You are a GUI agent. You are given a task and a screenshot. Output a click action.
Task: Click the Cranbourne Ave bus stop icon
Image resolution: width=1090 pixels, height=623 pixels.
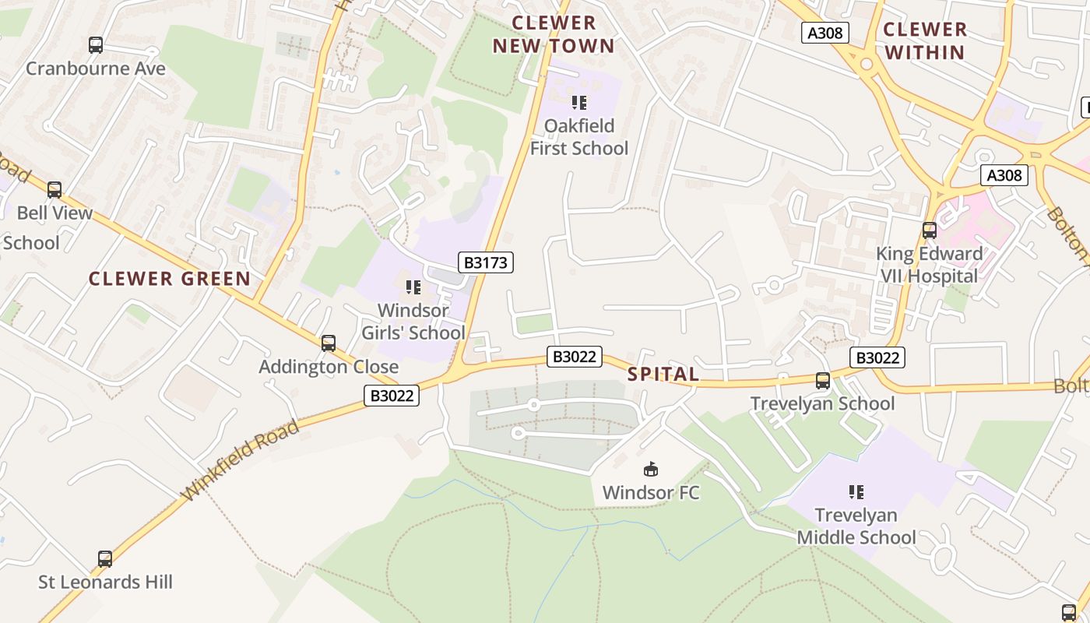click(96, 45)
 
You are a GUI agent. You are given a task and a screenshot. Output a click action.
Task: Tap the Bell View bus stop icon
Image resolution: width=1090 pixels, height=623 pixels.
click(54, 189)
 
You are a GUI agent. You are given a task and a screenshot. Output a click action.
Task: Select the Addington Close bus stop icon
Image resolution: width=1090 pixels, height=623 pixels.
click(329, 343)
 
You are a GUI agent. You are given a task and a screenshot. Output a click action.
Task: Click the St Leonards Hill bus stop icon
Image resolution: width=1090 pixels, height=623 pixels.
click(105, 558)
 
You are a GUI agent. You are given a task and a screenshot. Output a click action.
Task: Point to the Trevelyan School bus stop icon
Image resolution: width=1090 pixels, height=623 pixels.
click(823, 380)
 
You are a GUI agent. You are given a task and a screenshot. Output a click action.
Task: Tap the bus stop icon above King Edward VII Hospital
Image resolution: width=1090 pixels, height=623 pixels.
click(929, 230)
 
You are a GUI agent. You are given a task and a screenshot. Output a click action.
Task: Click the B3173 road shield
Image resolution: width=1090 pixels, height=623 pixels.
click(485, 262)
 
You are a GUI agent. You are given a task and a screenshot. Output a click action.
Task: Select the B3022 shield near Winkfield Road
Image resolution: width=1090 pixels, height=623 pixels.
click(392, 396)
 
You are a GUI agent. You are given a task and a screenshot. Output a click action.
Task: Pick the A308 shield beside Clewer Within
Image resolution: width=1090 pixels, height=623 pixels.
click(825, 33)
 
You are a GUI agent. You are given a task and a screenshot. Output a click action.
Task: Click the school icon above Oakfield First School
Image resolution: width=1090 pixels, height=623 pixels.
click(578, 102)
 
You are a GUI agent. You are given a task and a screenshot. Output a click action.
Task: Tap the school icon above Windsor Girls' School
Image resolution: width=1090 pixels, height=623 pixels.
click(413, 287)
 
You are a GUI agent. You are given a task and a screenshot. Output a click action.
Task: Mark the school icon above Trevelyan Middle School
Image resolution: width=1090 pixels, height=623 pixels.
click(856, 491)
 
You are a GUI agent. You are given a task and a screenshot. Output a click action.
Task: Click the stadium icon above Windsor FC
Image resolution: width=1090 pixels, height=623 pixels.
click(650, 469)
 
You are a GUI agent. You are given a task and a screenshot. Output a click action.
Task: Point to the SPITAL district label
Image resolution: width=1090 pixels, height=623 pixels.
click(663, 375)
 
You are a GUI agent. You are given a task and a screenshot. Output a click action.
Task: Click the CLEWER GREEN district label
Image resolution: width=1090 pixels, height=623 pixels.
click(169, 279)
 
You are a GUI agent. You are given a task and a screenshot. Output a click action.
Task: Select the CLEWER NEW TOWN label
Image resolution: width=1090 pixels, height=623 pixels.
click(554, 34)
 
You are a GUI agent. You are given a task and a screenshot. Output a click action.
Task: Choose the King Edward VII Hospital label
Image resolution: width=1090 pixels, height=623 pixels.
click(928, 265)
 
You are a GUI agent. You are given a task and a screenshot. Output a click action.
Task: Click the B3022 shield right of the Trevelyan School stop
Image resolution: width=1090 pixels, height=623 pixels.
click(877, 357)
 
